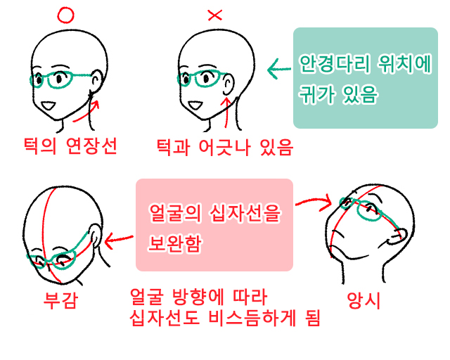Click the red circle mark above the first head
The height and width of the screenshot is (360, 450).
click(x=65, y=13)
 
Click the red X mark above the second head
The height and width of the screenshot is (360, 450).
click(x=215, y=14)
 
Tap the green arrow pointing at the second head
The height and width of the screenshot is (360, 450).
click(x=278, y=69)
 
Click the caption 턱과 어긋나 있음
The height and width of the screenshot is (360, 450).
click(x=224, y=147)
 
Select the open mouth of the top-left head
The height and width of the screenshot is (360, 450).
click(x=50, y=106)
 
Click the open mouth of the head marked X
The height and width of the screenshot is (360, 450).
click(x=194, y=107)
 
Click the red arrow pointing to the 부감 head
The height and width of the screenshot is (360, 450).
click(x=120, y=239)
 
